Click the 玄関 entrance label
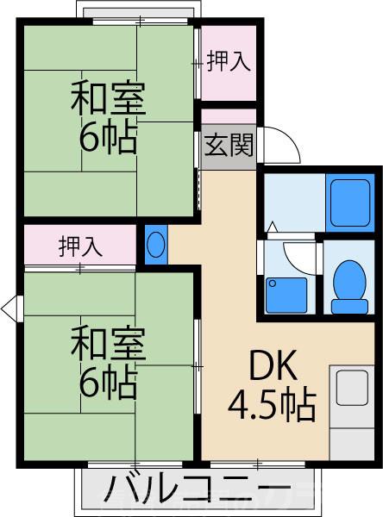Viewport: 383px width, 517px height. pyautogui.click(x=229, y=143)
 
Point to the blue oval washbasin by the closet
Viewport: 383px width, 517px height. pyautogui.click(x=155, y=245)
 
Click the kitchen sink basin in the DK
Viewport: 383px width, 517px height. pyautogui.click(x=352, y=387)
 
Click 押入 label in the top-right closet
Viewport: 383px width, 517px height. pyautogui.click(x=229, y=62)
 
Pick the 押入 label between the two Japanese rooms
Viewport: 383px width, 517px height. pyautogui.click(x=80, y=246)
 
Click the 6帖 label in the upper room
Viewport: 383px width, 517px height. pyautogui.click(x=108, y=138)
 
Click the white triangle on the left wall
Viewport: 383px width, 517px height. pyautogui.click(x=10, y=307)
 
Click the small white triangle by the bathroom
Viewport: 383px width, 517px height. pyautogui.click(x=271, y=227)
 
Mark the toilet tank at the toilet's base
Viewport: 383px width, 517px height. pyautogui.click(x=350, y=304)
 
